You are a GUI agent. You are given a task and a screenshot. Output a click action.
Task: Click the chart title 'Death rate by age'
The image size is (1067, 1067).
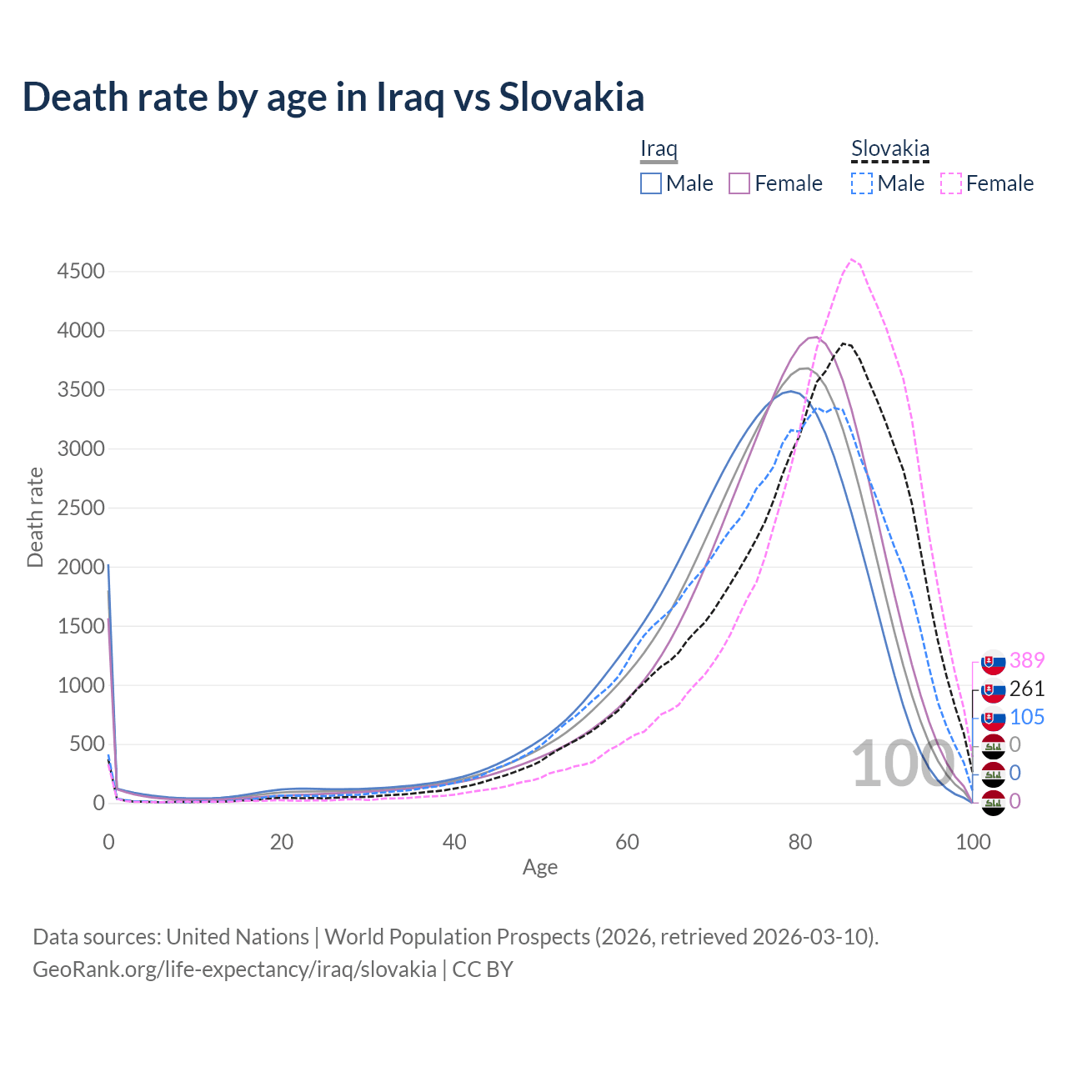pyautogui.click(x=333, y=97)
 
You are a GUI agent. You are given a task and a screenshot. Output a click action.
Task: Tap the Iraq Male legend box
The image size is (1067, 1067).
pyautogui.click(x=651, y=183)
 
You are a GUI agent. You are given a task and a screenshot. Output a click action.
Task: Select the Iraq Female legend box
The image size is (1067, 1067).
pyautogui.click(x=739, y=183)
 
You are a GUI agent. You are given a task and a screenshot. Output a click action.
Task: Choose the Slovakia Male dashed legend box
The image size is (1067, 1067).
pyautogui.click(x=862, y=183)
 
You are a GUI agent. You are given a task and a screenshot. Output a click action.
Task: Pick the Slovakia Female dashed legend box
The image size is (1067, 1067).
pyautogui.click(x=951, y=183)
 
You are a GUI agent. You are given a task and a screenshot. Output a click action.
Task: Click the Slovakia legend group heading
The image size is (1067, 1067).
pyautogui.click(x=889, y=149)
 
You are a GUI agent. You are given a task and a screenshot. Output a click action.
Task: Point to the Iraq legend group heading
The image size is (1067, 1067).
pyautogui.click(x=659, y=149)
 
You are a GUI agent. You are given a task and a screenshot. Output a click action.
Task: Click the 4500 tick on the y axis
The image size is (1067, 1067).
pyautogui.click(x=81, y=272)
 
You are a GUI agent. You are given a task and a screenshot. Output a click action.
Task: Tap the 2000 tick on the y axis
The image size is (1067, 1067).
pyautogui.click(x=81, y=567)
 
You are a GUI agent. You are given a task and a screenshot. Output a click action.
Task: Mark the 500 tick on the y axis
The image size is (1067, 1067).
pyautogui.click(x=87, y=744)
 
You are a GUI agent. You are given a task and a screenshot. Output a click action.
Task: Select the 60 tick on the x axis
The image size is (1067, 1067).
pyautogui.click(x=627, y=842)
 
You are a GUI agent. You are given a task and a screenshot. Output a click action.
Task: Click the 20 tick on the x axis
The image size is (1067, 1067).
pyautogui.click(x=282, y=842)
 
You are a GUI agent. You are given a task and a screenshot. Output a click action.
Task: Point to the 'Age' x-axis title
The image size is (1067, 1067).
pyautogui.click(x=540, y=868)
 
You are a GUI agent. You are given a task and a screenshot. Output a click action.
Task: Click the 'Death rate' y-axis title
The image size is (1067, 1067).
pyautogui.click(x=35, y=517)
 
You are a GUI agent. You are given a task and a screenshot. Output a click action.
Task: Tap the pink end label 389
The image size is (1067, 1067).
pyautogui.click(x=1027, y=660)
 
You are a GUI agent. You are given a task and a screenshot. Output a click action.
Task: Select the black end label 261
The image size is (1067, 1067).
pyautogui.click(x=1027, y=689)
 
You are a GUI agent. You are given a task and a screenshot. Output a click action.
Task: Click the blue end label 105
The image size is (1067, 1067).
pyautogui.click(x=1027, y=717)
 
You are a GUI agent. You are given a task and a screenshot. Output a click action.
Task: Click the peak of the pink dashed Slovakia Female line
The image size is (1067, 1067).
pyautogui.click(x=851, y=259)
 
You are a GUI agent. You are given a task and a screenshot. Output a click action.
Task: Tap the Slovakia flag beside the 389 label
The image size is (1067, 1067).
pyautogui.click(x=994, y=662)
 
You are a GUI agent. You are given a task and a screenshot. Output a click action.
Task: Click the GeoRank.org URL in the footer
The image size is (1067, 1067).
pyautogui.click(x=234, y=969)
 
